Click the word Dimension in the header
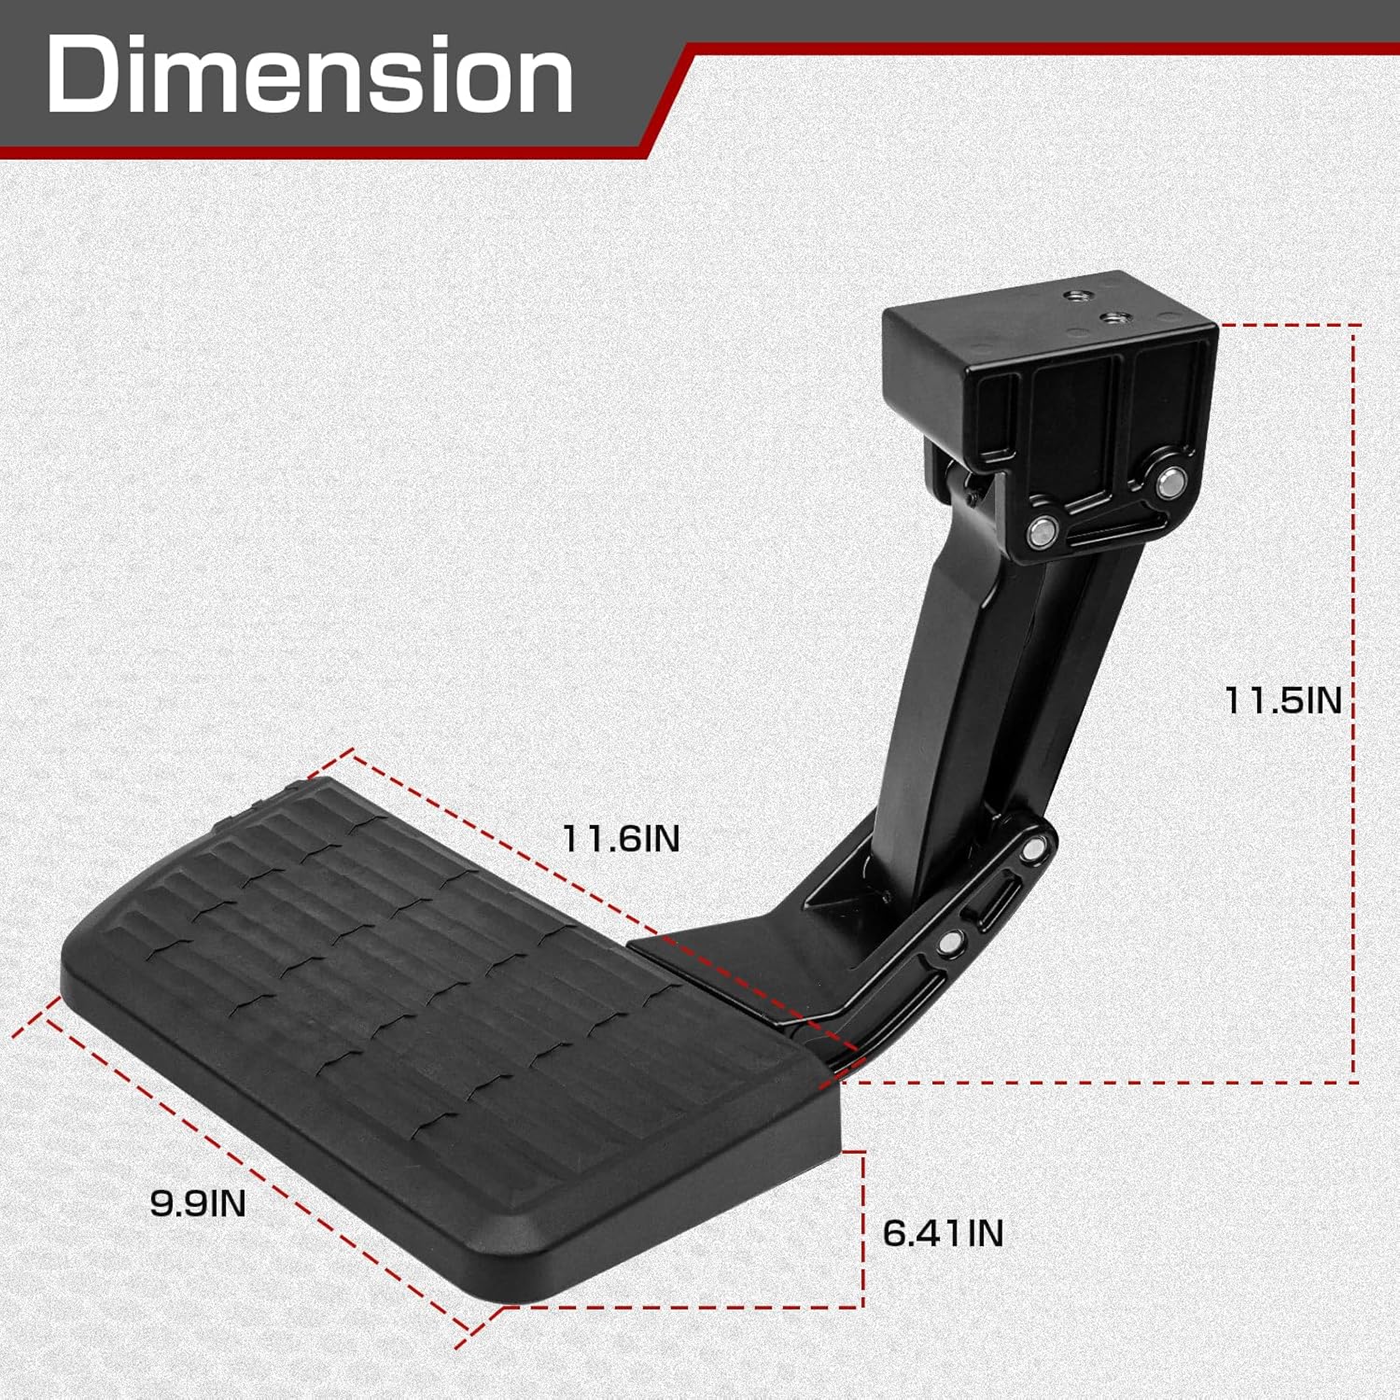click(x=310, y=75)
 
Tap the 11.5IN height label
click(x=1282, y=700)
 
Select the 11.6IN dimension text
click(x=621, y=838)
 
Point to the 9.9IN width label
click(x=198, y=1203)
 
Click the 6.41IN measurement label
click(x=943, y=1233)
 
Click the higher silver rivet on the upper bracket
click(x=1169, y=483)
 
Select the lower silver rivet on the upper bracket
click(x=1040, y=533)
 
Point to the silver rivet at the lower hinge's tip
click(x=1032, y=849)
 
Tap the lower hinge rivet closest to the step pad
click(x=949, y=943)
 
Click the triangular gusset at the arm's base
click(x=845, y=887)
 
